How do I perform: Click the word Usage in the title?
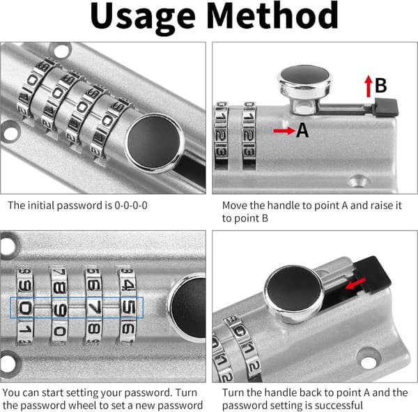point(143,17)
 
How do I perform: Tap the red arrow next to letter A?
point(284,131)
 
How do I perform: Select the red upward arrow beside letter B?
point(369,86)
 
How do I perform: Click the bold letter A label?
point(302,130)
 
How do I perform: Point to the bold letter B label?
point(380,85)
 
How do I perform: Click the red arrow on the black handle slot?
point(355,284)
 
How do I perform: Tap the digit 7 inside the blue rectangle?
point(94,307)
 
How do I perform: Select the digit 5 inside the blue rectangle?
point(128,307)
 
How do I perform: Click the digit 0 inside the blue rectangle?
point(25,308)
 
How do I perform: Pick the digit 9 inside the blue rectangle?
point(59,308)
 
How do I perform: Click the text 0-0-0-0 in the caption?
point(131,206)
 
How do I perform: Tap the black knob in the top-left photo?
point(154,142)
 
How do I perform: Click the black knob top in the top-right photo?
point(304,76)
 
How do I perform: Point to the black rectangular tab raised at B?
point(387,107)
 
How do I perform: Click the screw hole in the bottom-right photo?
point(369,360)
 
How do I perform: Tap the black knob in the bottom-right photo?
point(294,288)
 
